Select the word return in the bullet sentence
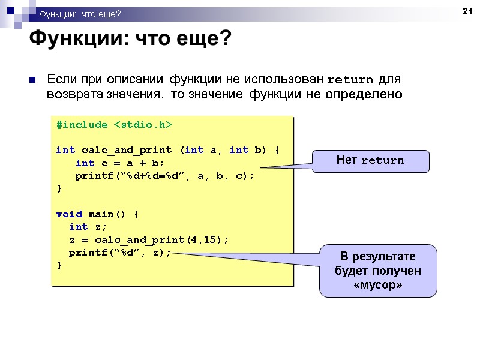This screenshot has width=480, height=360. pyautogui.click(x=351, y=80)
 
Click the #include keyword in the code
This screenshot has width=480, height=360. pyautogui.click(x=82, y=124)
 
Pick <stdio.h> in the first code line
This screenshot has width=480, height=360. pyautogui.click(x=143, y=124)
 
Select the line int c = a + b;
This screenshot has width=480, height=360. pyautogui.click(x=119, y=163)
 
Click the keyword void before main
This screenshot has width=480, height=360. pyautogui.click(x=68, y=214)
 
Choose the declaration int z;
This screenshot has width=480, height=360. pyautogui.click(x=88, y=226)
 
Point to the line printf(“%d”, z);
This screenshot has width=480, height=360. pyautogui.click(x=119, y=252)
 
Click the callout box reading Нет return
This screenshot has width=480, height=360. pyautogui.click(x=371, y=160)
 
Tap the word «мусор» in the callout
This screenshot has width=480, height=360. pyautogui.click(x=378, y=285)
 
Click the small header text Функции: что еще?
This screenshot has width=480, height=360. pyautogui.click(x=80, y=14)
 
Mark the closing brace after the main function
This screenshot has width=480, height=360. pyautogui.click(x=58, y=265)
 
